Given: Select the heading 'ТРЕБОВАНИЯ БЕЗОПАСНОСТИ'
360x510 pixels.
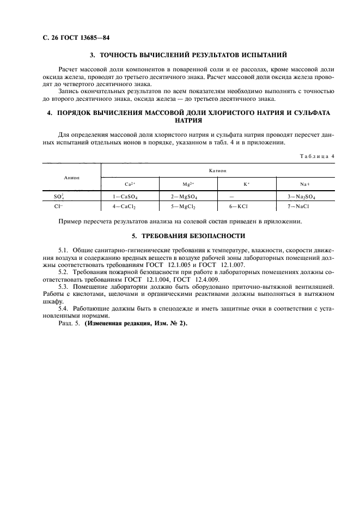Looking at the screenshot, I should click(x=194, y=236).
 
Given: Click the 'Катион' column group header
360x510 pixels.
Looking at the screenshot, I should click(x=218, y=171).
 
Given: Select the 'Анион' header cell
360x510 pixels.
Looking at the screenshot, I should click(x=71, y=177).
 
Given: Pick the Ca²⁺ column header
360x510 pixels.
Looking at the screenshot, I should click(x=129, y=184).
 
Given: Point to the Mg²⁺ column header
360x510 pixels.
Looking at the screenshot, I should click(x=188, y=184).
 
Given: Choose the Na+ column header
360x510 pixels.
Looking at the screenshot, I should click(x=304, y=184).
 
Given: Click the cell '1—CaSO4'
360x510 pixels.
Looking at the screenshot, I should click(x=129, y=196).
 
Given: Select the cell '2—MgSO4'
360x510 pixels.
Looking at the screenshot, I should click(x=188, y=196).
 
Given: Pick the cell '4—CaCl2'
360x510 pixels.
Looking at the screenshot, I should click(x=129, y=207).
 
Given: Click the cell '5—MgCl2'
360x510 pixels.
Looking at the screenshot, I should click(x=188, y=207).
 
